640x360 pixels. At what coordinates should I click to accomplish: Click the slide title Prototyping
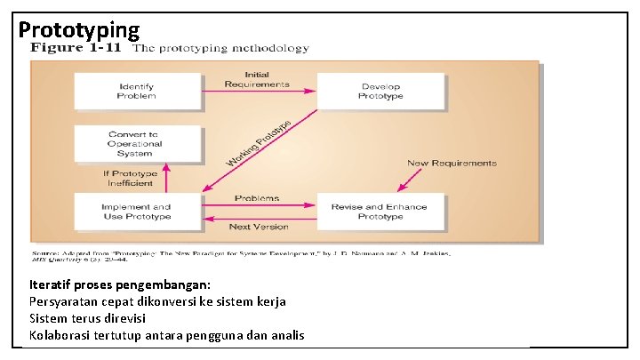(x=79, y=29)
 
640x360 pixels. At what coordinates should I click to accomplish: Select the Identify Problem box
(x=136, y=91)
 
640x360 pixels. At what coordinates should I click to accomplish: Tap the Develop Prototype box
(x=380, y=91)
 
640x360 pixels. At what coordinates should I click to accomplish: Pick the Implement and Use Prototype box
(x=136, y=211)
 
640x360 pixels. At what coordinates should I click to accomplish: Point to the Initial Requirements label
(x=257, y=78)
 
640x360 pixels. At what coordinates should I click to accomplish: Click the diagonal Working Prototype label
(x=259, y=142)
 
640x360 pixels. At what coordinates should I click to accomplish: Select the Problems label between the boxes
(x=257, y=198)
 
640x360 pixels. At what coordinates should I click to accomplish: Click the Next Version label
(x=259, y=227)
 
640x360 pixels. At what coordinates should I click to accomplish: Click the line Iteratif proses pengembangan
(x=120, y=284)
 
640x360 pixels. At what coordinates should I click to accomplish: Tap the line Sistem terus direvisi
(x=87, y=318)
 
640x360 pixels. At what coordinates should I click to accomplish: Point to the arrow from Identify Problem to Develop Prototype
(x=259, y=90)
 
